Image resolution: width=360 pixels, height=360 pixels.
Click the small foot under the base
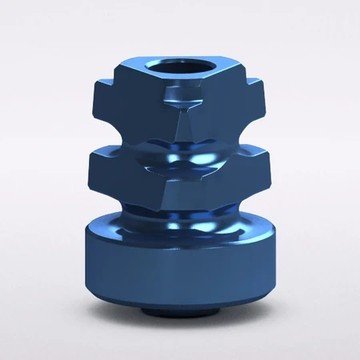181,309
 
